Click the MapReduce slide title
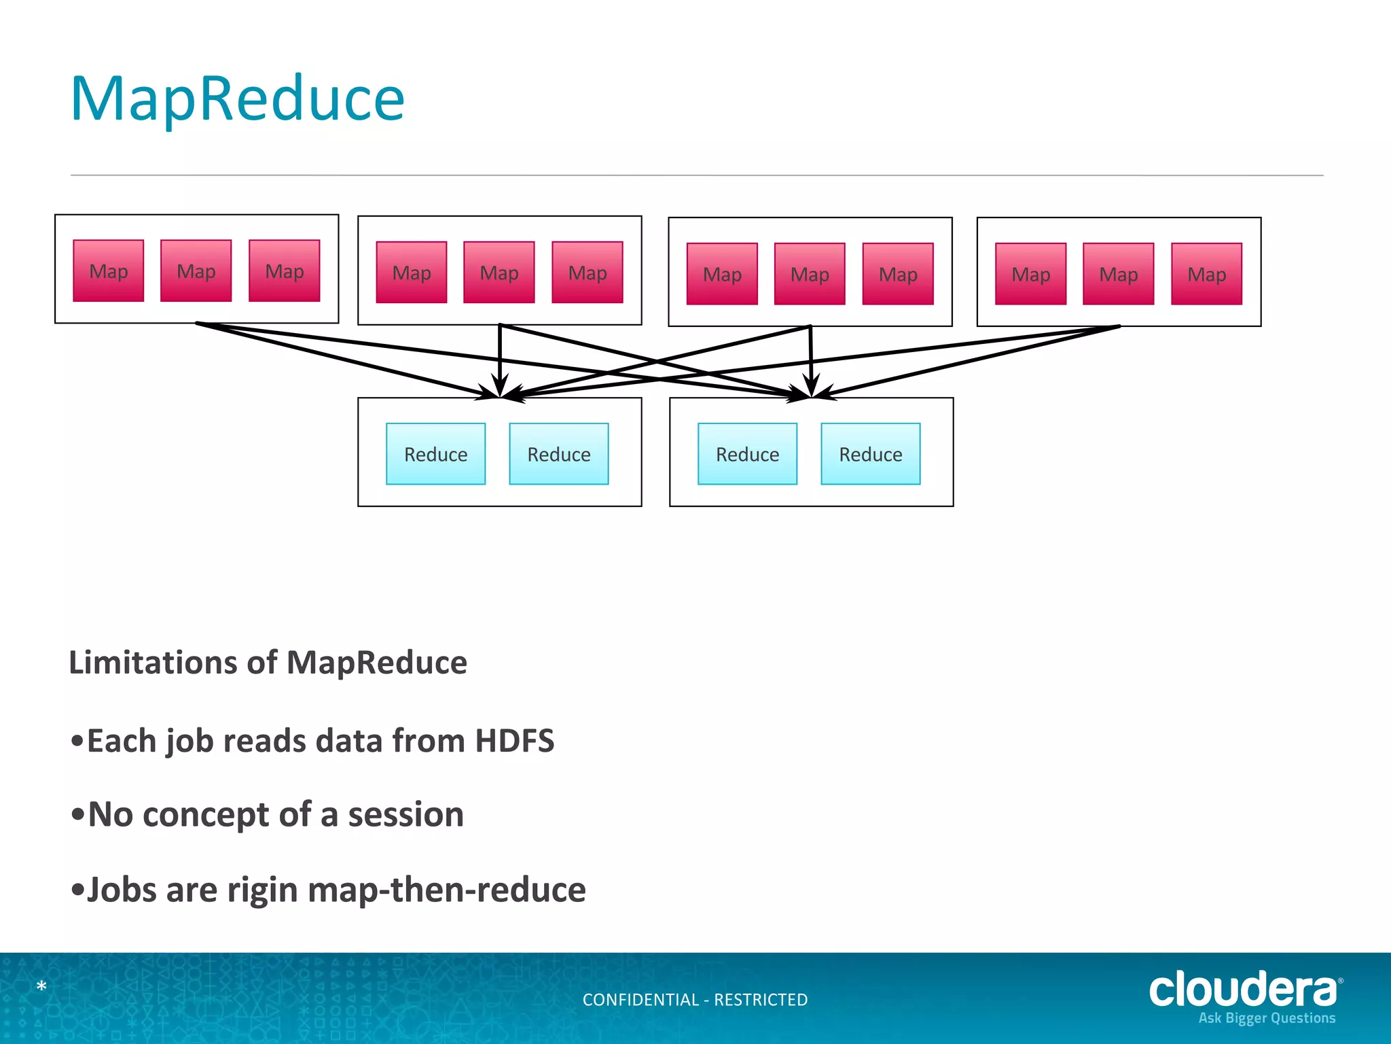[237, 99]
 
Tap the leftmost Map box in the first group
[109, 271]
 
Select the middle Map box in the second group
[499, 273]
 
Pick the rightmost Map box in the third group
[898, 274]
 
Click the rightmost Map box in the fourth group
[1207, 274]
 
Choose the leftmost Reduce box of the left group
[436, 454]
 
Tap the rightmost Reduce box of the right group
[871, 454]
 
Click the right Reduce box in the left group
[559, 454]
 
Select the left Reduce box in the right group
[748, 454]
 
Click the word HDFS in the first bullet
[514, 741]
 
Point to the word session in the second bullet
[405, 814]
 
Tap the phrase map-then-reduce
[447, 890]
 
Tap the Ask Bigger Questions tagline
[1267, 1018]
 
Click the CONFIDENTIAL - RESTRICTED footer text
[695, 1000]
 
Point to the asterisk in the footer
[41, 986]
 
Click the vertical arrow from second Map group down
[500, 357]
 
